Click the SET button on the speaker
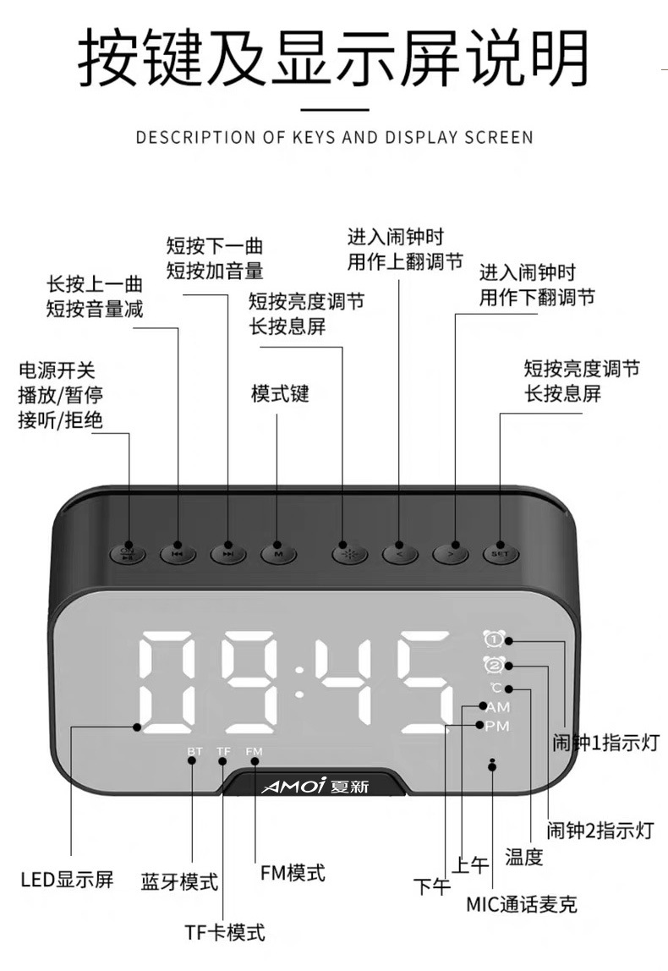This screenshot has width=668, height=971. pos(499,554)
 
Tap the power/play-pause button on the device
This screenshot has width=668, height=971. pos(128,554)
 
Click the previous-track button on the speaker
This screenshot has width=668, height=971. pos(178,554)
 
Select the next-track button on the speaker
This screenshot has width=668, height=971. pos(228,554)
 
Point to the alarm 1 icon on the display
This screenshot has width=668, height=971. pos(492,640)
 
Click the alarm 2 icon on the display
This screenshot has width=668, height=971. pos(492,665)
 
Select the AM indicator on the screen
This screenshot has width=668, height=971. pos(497,706)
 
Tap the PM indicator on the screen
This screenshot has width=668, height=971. pos(497,726)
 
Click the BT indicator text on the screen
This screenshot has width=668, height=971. pos(194,751)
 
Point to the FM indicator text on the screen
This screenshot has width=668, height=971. pos(255,751)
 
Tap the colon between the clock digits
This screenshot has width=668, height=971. pos(298,681)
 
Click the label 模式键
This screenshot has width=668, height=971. pos(280,394)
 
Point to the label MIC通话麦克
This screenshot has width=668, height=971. pos(522,904)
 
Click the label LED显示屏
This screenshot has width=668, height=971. pos(67,879)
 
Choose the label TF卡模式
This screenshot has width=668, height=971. pos(225,932)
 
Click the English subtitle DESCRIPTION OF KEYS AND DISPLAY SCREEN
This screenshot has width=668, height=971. pos(334,137)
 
